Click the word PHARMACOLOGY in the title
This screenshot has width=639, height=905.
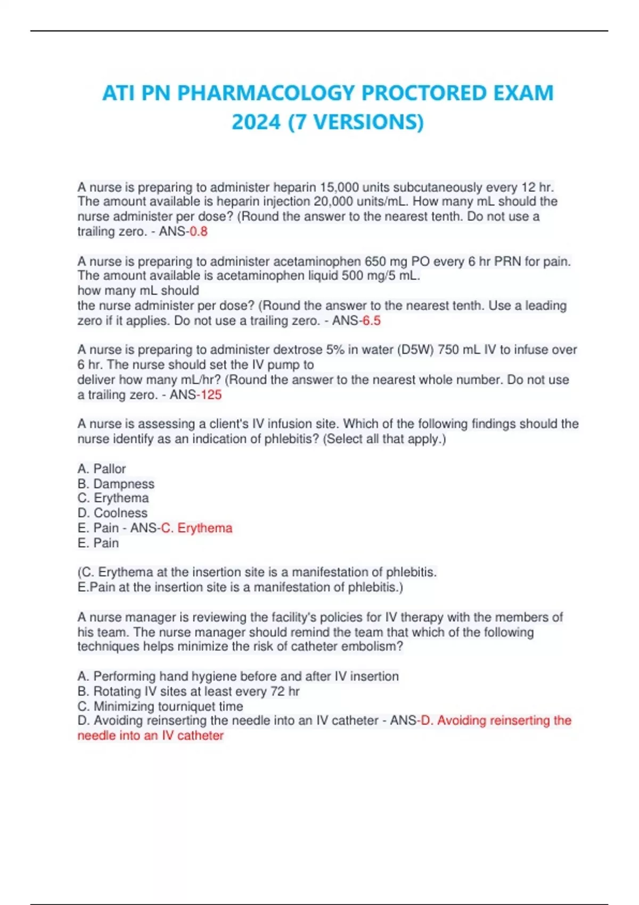point(266,93)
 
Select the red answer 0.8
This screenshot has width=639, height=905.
point(199,232)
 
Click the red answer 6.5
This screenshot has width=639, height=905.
point(371,320)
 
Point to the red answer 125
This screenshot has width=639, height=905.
point(209,395)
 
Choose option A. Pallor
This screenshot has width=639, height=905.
point(102,468)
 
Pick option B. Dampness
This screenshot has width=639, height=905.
point(116,483)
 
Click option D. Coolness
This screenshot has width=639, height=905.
point(112,513)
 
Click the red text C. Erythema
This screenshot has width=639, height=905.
point(197,528)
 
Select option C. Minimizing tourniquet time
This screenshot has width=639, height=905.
point(160,706)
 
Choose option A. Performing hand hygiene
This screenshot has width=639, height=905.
point(237,676)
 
